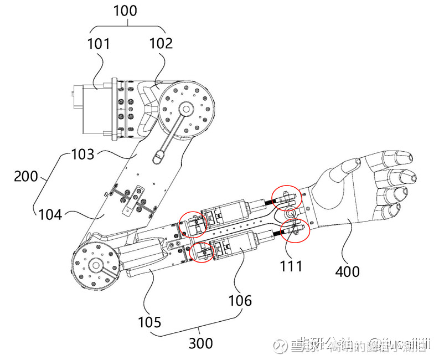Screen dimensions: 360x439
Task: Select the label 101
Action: click(98, 43)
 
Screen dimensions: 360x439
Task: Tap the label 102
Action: click(161, 43)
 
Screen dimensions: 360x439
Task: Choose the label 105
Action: click(150, 321)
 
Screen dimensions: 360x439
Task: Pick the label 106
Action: click(240, 301)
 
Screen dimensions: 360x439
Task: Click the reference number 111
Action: click(291, 266)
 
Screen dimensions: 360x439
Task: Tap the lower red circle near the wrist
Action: click(294, 229)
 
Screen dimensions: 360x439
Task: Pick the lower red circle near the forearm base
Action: click(203, 253)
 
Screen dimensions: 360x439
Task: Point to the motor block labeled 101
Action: click(95, 109)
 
